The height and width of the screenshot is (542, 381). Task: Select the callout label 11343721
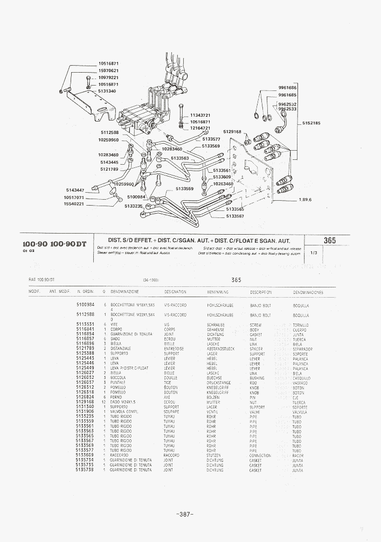click(x=200, y=115)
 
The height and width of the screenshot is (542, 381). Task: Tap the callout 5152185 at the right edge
click(x=311, y=123)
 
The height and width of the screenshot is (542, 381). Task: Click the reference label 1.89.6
click(x=305, y=200)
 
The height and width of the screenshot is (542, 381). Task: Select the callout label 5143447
click(x=75, y=190)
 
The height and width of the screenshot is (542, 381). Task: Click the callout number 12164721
click(x=200, y=128)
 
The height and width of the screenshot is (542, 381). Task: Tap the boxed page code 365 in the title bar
click(x=330, y=240)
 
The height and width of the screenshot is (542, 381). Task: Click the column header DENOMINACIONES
click(x=308, y=292)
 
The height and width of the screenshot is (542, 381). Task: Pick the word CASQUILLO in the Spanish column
click(x=302, y=378)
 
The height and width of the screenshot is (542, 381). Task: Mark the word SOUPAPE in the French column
click(x=172, y=412)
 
